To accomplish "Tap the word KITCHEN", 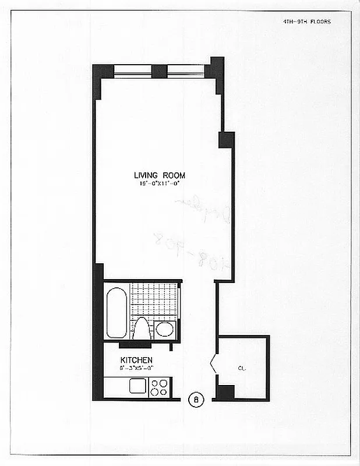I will click(136, 360).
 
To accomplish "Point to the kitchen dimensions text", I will click(136, 368).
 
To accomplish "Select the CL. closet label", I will click(241, 368).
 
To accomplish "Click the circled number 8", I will click(197, 400).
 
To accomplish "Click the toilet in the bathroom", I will click(142, 329).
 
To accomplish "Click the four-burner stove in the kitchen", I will click(159, 387).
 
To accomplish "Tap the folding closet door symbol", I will click(213, 365).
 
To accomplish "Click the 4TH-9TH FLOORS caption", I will click(306, 22).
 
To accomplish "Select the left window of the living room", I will click(133, 71).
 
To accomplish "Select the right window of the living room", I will click(185, 71).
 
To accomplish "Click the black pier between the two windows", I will click(159, 71).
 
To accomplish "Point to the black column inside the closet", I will click(225, 392).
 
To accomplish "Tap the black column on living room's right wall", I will click(226, 140).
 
